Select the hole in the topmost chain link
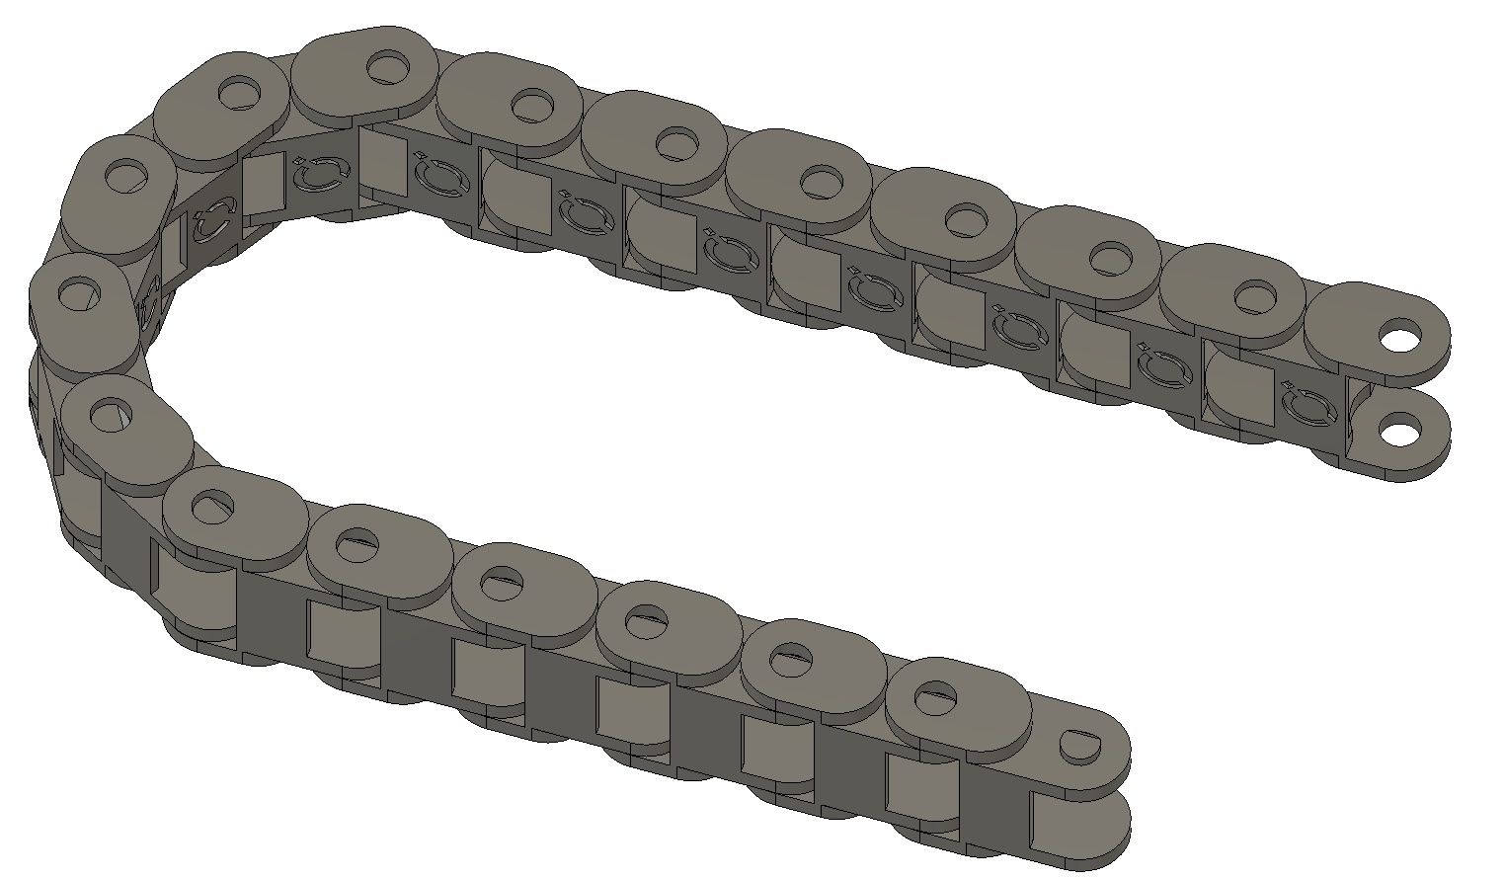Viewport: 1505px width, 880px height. (x=388, y=67)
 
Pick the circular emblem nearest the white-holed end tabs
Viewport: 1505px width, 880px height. (x=1305, y=406)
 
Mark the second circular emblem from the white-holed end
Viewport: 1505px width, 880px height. (x=1161, y=365)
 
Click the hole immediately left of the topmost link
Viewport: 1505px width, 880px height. (x=236, y=93)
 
